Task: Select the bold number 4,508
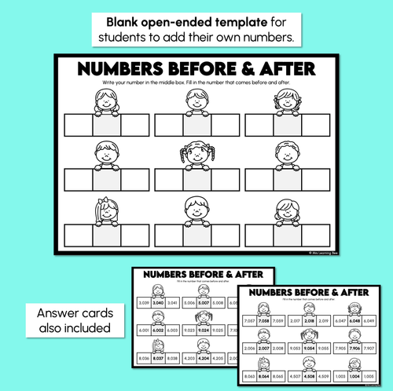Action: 310,377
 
